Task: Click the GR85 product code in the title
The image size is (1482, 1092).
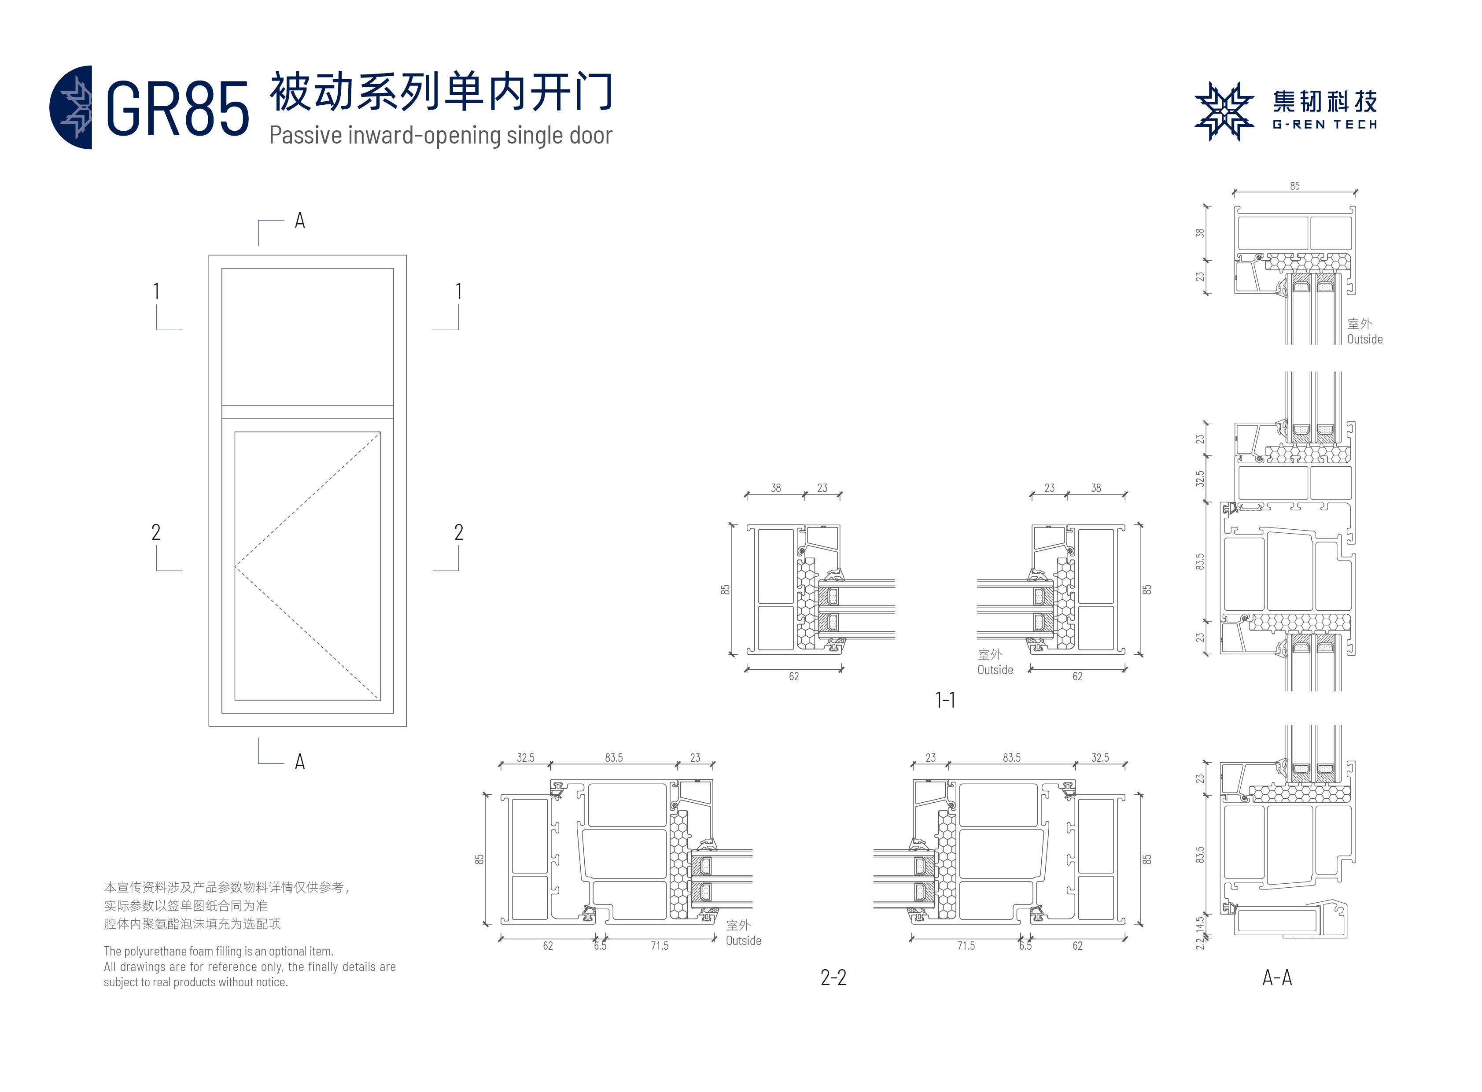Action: click(177, 109)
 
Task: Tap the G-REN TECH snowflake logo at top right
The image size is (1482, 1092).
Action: click(1224, 111)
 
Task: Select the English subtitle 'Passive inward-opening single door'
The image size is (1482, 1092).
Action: click(440, 136)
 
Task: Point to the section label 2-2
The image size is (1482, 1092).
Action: click(833, 977)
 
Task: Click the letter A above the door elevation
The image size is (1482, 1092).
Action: click(299, 221)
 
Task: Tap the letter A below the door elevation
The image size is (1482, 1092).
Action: click(299, 761)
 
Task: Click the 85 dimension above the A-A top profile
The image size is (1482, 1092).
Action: click(1294, 186)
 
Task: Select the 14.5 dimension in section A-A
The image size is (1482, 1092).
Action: click(1200, 923)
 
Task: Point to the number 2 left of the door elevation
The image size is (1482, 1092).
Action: click(156, 532)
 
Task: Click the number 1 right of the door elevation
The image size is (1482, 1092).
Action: click(459, 291)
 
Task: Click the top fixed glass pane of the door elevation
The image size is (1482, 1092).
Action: click(307, 336)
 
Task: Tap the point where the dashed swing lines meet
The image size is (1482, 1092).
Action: click(236, 567)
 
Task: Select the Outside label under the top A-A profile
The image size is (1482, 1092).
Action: click(1364, 339)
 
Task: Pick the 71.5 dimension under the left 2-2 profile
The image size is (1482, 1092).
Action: click(659, 946)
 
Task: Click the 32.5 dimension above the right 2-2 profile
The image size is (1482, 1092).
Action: click(1100, 757)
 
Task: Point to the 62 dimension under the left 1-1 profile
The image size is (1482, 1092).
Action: click(793, 676)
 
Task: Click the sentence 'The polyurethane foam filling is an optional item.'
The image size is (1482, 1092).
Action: click(218, 951)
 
